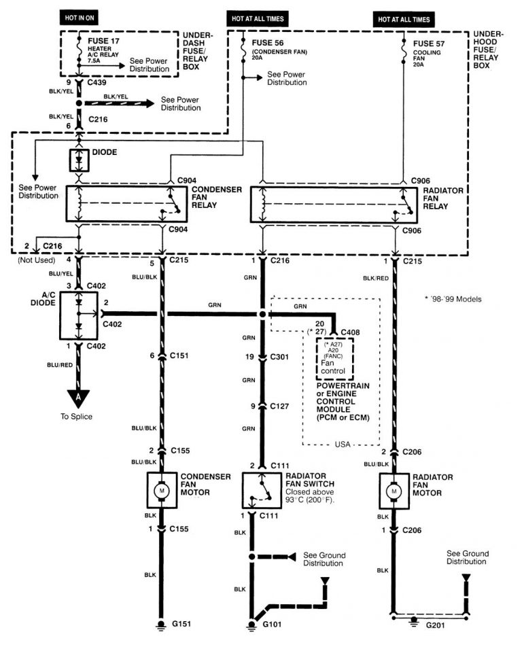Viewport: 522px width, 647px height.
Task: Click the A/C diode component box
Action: click(80, 315)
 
